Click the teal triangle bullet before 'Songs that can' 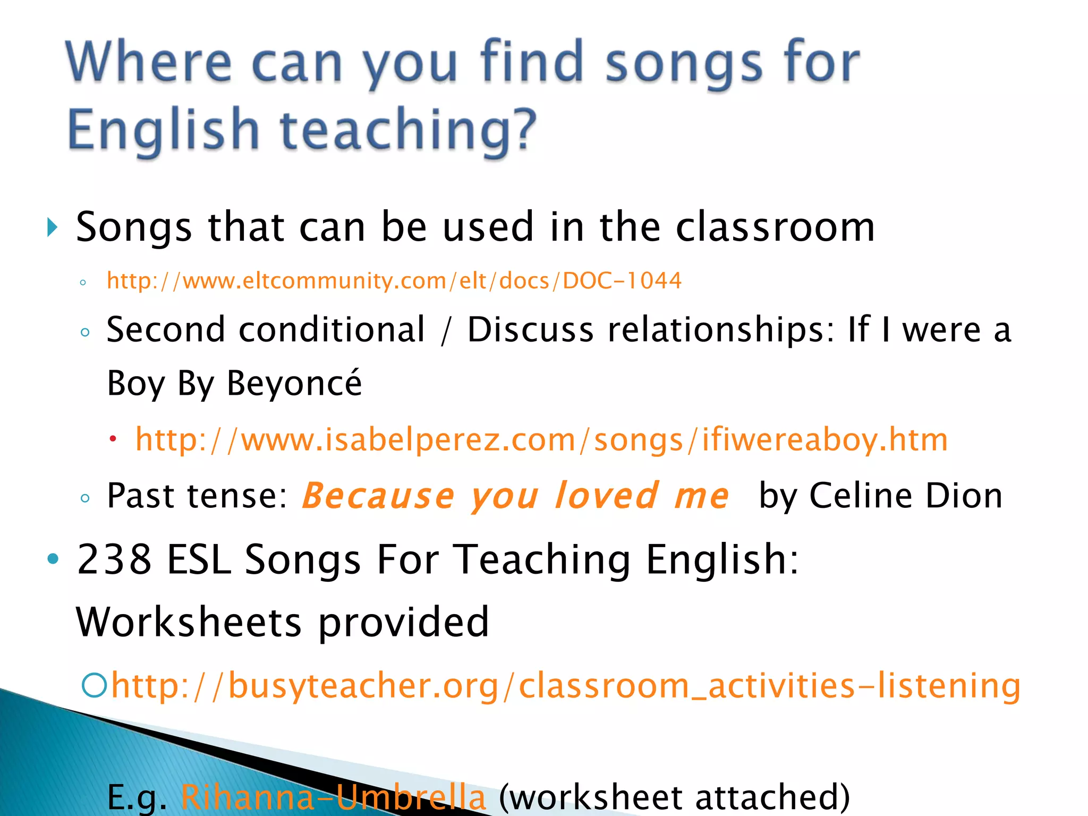[x=52, y=227]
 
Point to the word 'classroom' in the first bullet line [x=775, y=227]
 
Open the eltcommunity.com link [x=394, y=280]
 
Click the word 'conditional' [x=332, y=330]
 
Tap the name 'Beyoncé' [x=294, y=383]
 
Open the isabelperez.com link [x=541, y=440]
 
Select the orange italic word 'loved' [x=607, y=496]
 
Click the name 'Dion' [x=964, y=496]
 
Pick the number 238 [x=114, y=559]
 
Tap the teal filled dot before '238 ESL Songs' [x=53, y=558]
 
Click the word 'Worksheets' [x=189, y=622]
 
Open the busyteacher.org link [x=566, y=685]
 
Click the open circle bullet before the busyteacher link [x=94, y=685]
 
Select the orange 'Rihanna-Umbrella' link [x=333, y=797]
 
